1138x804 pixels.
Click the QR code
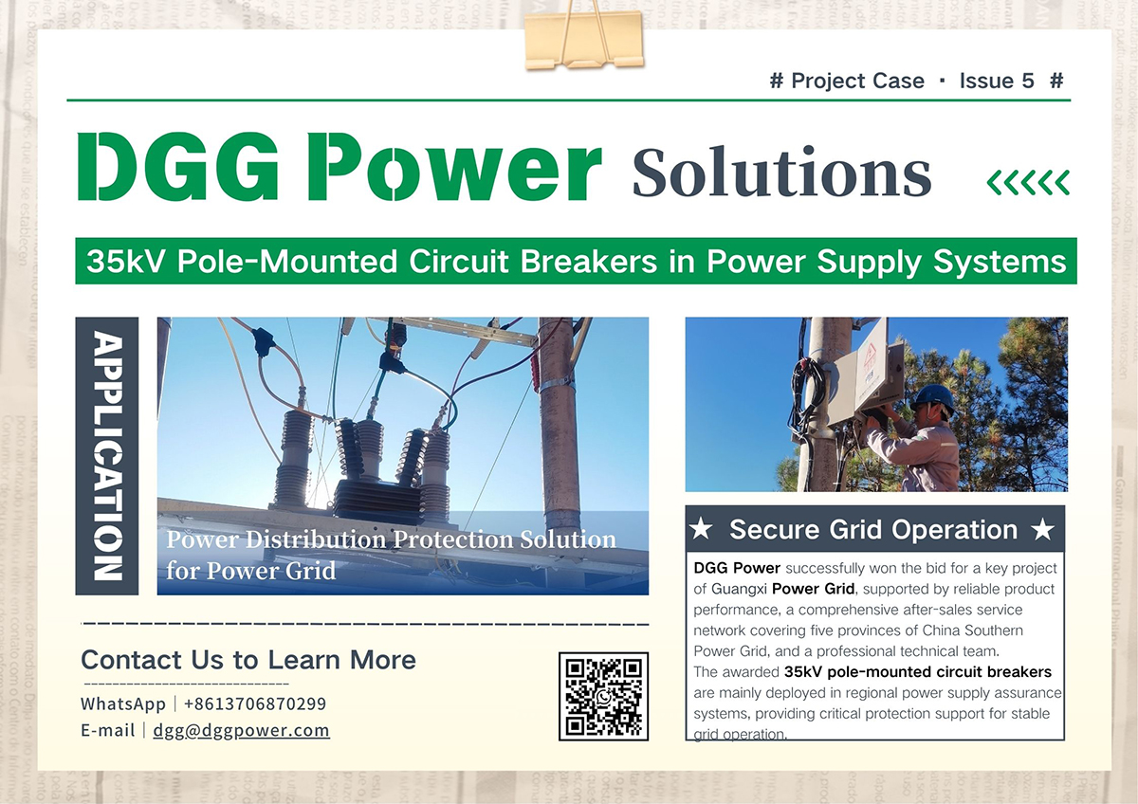point(603,696)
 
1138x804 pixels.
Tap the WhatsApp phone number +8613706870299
point(254,703)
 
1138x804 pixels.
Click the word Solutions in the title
point(781,174)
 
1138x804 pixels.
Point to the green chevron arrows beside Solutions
point(1028,182)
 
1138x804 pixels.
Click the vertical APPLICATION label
point(106,455)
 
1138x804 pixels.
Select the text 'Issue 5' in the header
point(996,82)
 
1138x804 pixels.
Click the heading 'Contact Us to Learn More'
point(248,660)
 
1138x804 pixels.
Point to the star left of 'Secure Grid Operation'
point(701,530)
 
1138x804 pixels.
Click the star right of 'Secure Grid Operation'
point(1043,530)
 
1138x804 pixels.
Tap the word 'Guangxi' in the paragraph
point(738,589)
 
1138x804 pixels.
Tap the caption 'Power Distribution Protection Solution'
point(391,539)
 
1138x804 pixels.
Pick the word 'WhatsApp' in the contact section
point(122,703)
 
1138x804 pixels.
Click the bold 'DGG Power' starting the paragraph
point(737,568)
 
